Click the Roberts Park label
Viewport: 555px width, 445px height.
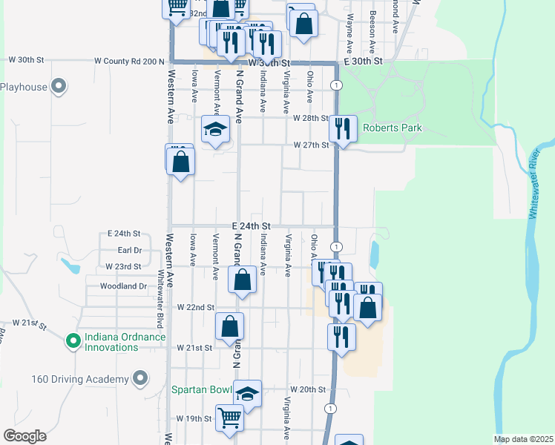coord(392,128)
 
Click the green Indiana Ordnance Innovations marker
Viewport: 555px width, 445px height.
coord(73,341)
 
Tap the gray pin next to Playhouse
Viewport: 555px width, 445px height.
coord(59,87)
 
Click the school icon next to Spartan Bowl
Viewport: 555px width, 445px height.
coord(247,394)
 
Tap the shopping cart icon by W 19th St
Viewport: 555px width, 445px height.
coord(229,418)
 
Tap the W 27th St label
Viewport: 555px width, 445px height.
coord(310,145)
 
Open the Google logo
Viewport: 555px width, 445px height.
coord(24,436)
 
